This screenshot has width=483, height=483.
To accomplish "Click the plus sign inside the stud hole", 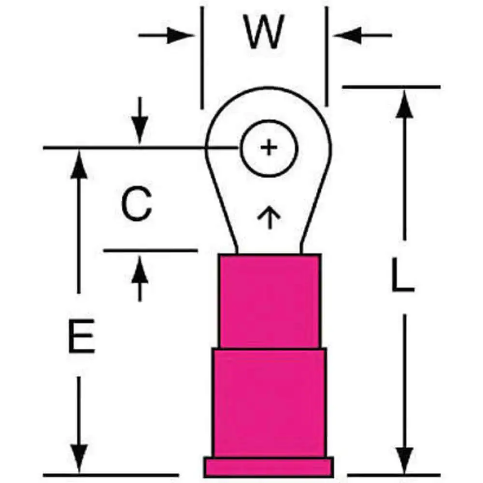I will coord(269,148).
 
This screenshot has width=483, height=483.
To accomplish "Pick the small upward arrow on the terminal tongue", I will coord(269,217).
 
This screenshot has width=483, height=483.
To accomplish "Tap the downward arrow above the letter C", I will coord(140,130).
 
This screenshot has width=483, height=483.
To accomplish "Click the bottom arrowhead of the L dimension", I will coord(404,461).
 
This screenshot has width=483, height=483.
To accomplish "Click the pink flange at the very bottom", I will coord(269,467).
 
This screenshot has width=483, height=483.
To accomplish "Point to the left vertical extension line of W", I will coord(201,58).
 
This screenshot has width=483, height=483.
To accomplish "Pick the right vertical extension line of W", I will coord(326,58).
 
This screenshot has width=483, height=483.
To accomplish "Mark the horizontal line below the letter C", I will coord(150,251).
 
